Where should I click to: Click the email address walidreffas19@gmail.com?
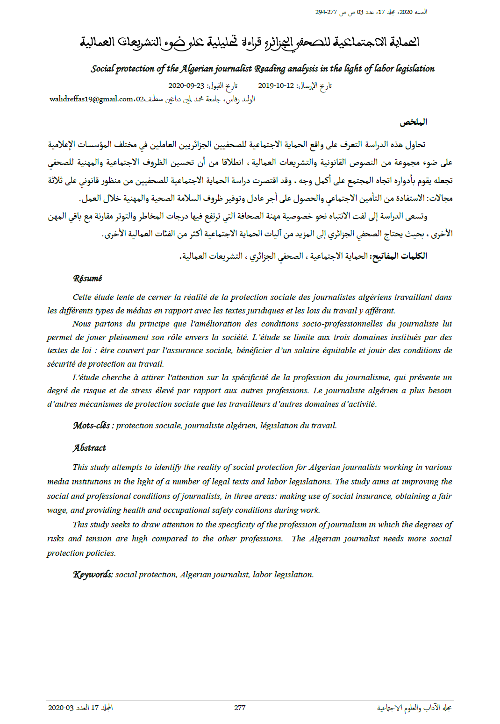[x=92, y=99]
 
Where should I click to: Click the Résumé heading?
[x=87, y=278]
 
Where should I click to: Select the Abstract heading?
[x=89, y=448]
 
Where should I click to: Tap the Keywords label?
[x=93, y=575]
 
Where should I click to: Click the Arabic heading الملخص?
[x=413, y=122]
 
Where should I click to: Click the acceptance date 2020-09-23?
[x=186, y=85]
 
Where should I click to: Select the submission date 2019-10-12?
[x=276, y=85]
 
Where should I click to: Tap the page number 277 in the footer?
[x=240, y=708]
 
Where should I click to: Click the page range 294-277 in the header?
[x=326, y=12]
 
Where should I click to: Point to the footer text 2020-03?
[x=61, y=708]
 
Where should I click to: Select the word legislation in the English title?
[x=415, y=69]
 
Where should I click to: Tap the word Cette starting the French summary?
[x=82, y=297]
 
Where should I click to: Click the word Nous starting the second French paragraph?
[x=82, y=324]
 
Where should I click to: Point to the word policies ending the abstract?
[x=100, y=553]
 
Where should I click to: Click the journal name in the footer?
[x=414, y=708]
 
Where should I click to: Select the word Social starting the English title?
[x=102, y=69]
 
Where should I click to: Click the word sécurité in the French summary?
[x=61, y=364]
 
